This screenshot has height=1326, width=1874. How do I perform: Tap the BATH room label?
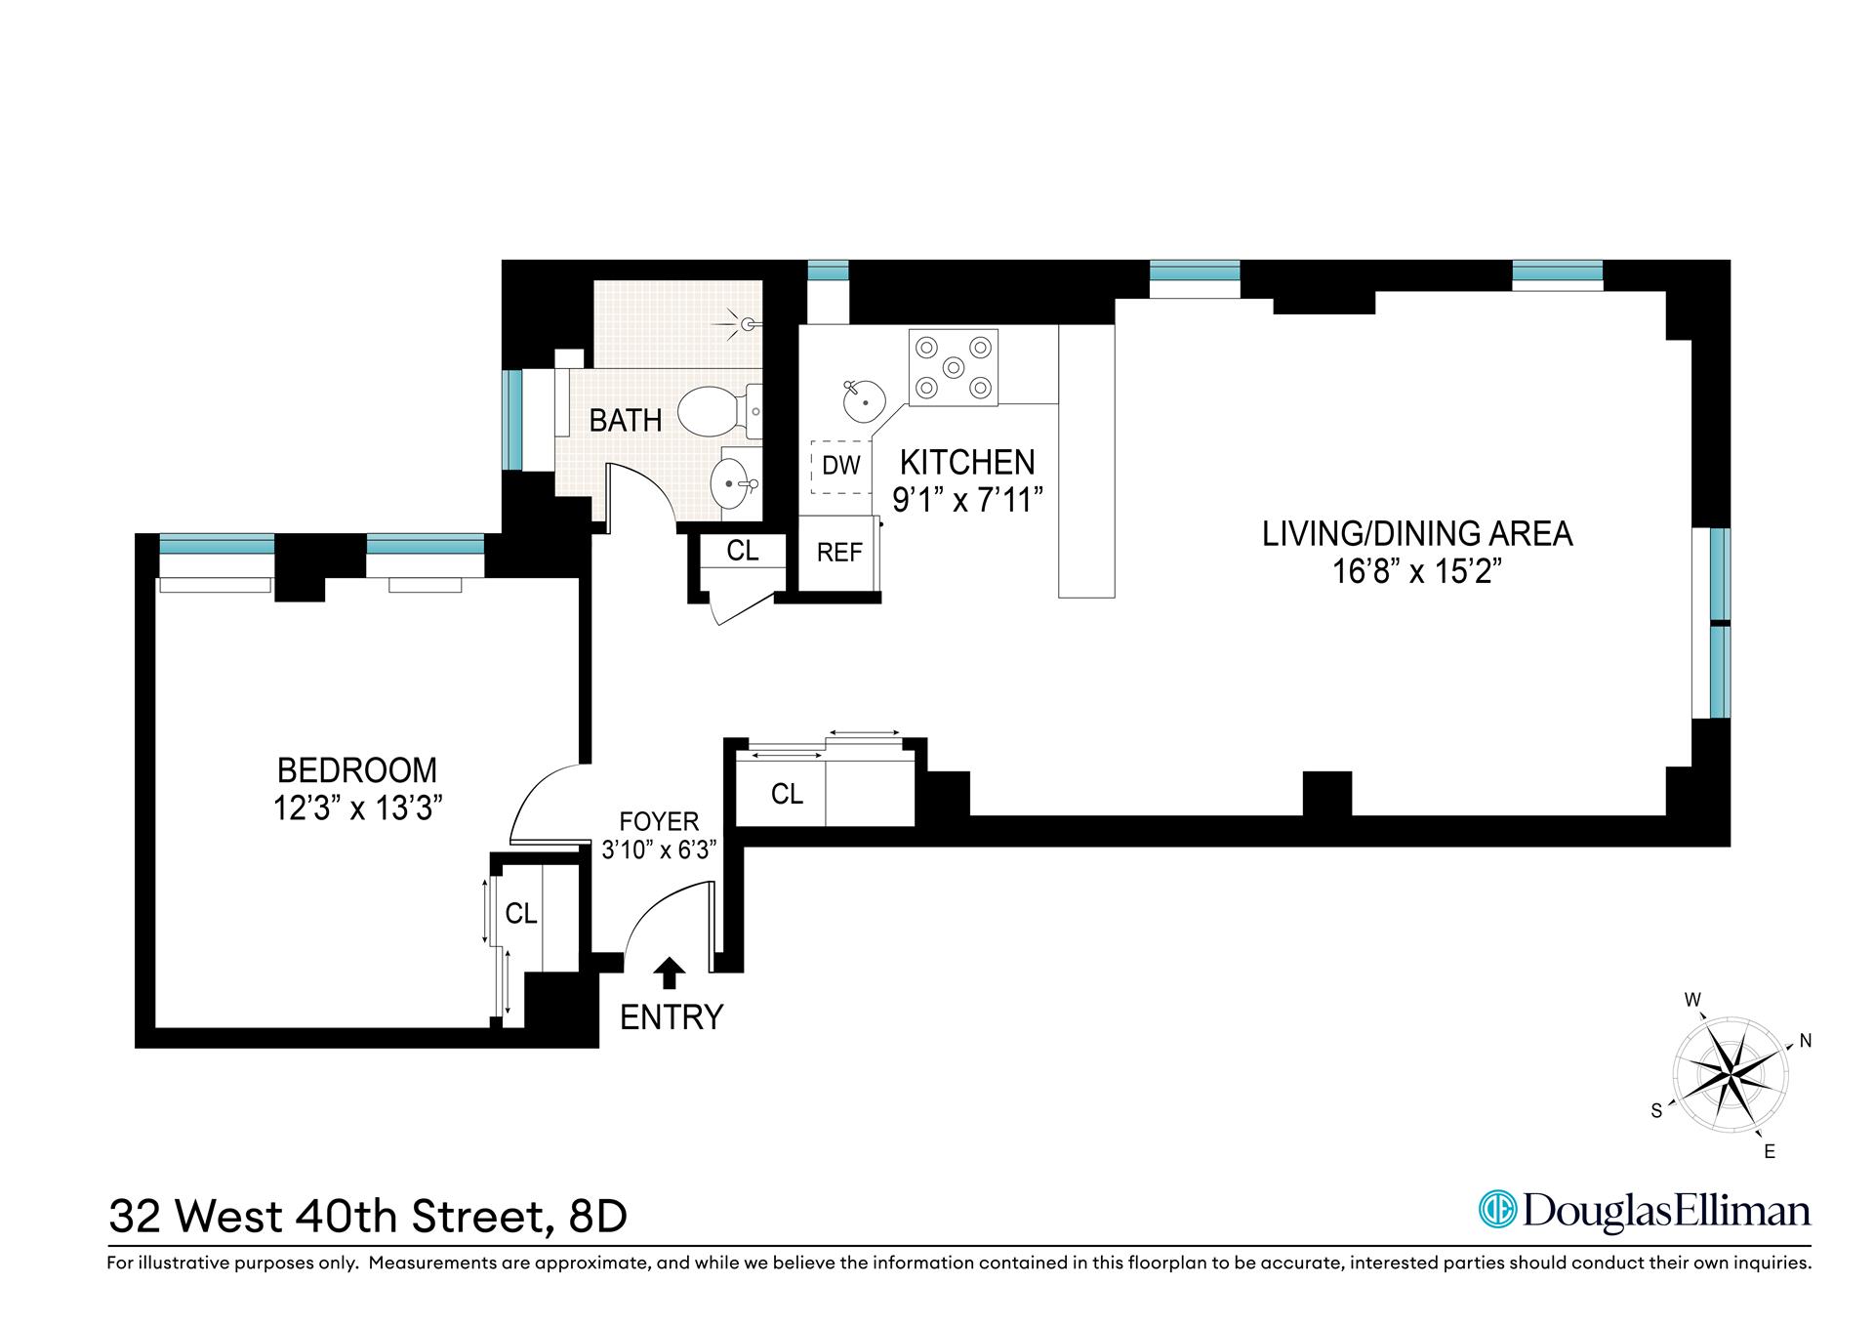(626, 421)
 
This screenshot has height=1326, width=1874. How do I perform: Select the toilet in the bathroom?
(710, 411)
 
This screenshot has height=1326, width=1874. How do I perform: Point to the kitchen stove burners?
(954, 366)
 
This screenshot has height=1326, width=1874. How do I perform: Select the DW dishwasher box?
(839, 466)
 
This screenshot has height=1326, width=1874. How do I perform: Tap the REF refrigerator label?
(839, 553)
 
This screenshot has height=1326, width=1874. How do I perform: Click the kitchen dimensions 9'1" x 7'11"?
(967, 501)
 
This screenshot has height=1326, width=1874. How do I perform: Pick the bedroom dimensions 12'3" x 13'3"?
(357, 808)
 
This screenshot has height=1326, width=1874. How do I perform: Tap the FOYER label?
(659, 821)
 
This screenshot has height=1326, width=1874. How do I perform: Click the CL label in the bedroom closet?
(520, 913)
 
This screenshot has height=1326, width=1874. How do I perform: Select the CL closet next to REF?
(742, 551)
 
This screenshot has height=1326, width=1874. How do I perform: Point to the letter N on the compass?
(1805, 1042)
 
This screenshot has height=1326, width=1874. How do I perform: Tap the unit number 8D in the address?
(593, 1217)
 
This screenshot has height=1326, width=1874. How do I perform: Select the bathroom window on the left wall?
(511, 420)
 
